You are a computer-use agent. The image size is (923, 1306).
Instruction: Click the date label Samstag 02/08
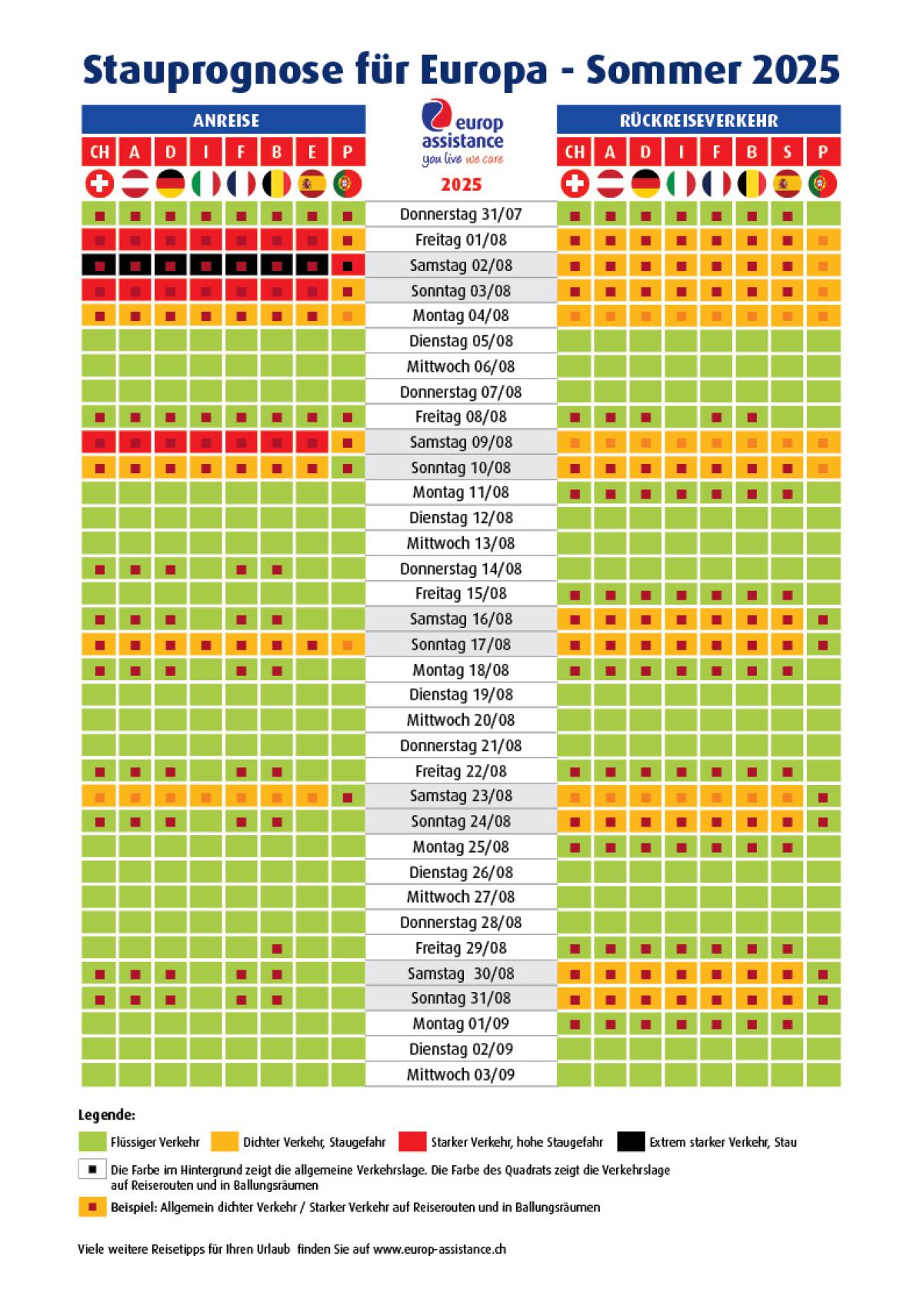pyautogui.click(x=461, y=266)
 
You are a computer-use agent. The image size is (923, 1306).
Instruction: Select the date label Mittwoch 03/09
pyautogui.click(x=461, y=1074)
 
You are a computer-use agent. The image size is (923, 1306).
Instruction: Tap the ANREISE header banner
pyautogui.click(x=224, y=120)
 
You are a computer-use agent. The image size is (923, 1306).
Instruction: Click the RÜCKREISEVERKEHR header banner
pyautogui.click(x=698, y=120)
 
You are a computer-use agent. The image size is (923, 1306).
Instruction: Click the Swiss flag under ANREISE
pyautogui.click(x=100, y=184)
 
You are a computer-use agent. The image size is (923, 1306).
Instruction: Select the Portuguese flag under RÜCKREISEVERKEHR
pyautogui.click(x=822, y=184)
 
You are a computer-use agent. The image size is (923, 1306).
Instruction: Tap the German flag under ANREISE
pyautogui.click(x=171, y=184)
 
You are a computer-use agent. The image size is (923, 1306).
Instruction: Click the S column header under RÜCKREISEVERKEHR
pyautogui.click(x=787, y=152)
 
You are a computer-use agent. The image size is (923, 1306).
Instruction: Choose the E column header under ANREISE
pyautogui.click(x=312, y=152)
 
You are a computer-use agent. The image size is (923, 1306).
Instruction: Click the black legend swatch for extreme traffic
pyautogui.click(x=631, y=1142)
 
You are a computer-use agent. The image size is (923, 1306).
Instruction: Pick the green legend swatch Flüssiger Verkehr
pyautogui.click(x=92, y=1142)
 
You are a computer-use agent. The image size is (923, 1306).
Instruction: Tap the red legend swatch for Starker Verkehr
pyautogui.click(x=412, y=1142)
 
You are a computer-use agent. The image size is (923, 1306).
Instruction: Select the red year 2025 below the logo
pyautogui.click(x=461, y=185)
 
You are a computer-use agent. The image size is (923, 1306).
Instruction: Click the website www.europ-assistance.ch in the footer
pyautogui.click(x=439, y=1249)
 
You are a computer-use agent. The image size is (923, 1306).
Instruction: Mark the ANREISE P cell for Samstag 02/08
pyautogui.click(x=348, y=266)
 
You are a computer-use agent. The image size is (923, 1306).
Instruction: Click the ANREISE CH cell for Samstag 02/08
pyautogui.click(x=100, y=266)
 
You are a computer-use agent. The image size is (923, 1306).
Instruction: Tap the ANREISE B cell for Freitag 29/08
pyautogui.click(x=277, y=948)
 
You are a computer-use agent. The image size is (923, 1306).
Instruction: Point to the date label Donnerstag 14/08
pyautogui.click(x=461, y=569)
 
